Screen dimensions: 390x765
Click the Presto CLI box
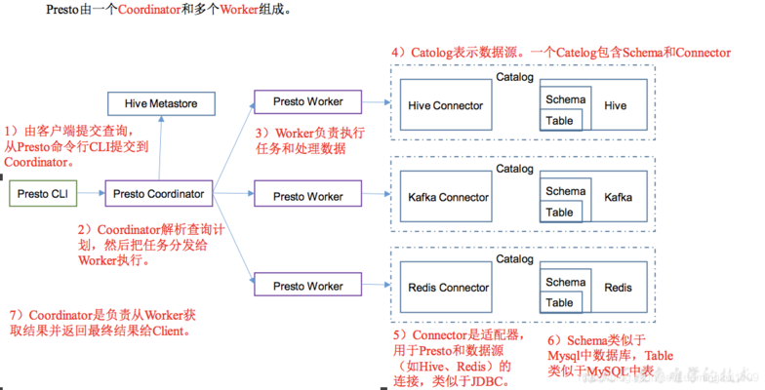[x=42, y=195]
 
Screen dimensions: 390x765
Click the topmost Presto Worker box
[x=307, y=102]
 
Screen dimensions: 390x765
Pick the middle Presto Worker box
[x=307, y=196]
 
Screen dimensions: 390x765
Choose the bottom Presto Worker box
[x=307, y=287]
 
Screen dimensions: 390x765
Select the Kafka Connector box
[x=448, y=198]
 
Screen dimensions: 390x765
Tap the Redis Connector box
[x=448, y=288]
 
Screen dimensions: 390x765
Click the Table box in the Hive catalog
[x=560, y=121]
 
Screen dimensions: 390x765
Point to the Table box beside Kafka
[x=560, y=213]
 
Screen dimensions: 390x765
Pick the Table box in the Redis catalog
[x=560, y=303]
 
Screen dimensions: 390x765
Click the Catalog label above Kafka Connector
[x=514, y=169]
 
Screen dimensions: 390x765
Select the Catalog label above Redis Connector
[x=514, y=259]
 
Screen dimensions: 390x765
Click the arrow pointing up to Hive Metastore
[x=159, y=146]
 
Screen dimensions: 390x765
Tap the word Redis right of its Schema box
[x=618, y=289]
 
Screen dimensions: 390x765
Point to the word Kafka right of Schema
[x=618, y=198]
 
